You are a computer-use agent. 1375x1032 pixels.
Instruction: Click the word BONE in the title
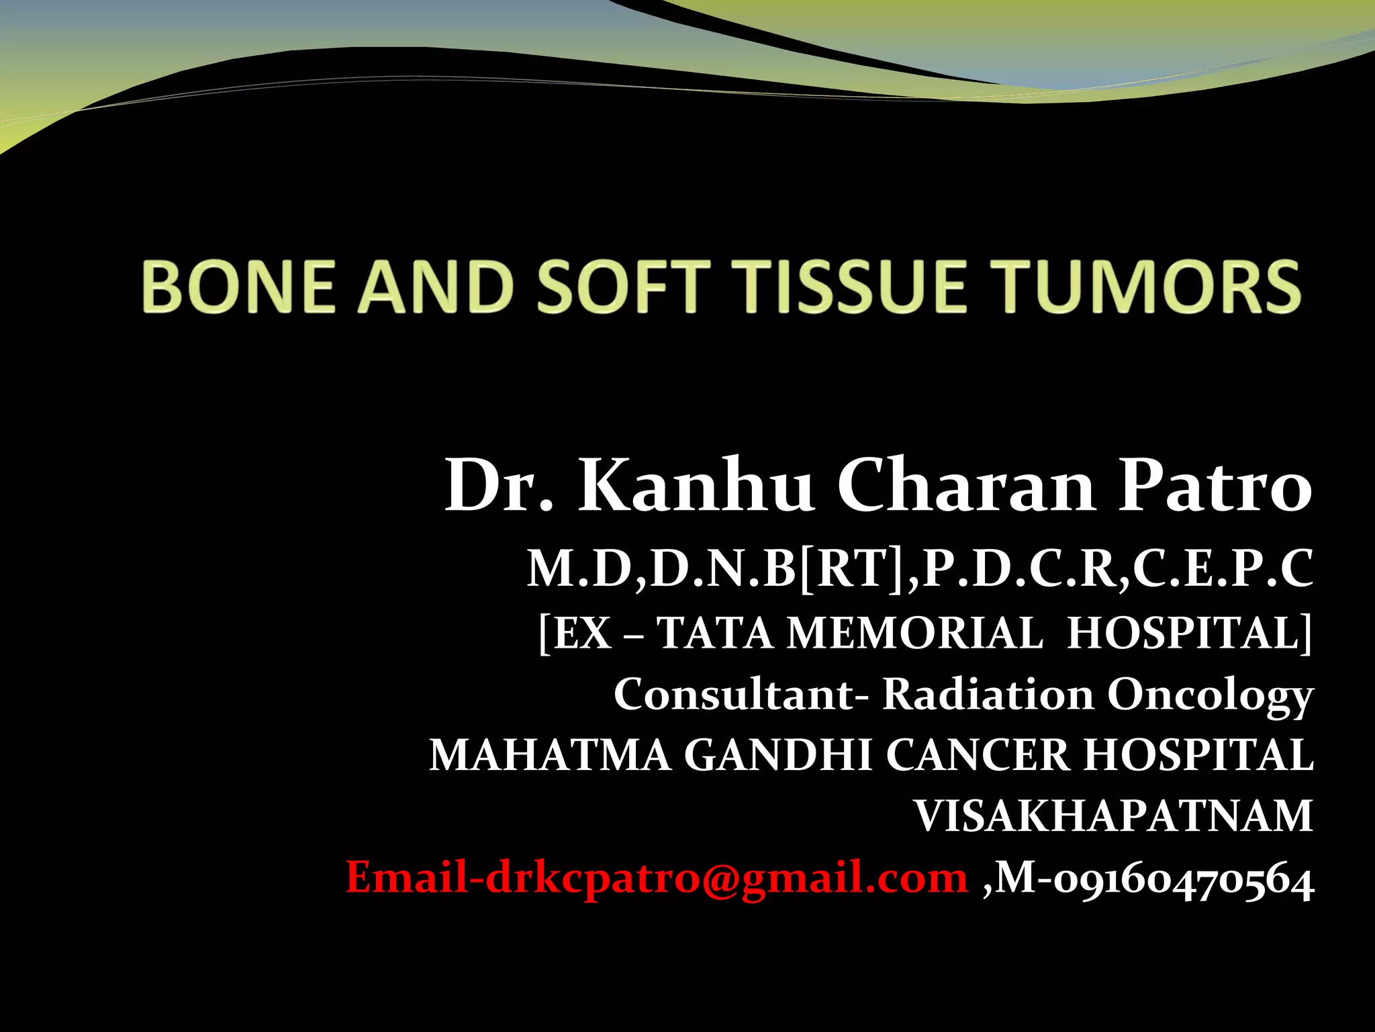(238, 288)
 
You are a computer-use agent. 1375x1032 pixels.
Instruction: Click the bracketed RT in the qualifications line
(852, 570)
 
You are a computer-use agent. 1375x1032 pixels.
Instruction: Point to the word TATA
(714, 633)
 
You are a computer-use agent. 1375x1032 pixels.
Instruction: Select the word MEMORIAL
(914, 633)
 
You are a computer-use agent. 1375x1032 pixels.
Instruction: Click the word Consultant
(733, 694)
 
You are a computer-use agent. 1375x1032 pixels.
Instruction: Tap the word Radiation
(988, 694)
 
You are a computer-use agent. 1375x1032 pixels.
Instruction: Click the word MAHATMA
(550, 755)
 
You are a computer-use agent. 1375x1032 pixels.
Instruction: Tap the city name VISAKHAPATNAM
(1114, 816)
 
